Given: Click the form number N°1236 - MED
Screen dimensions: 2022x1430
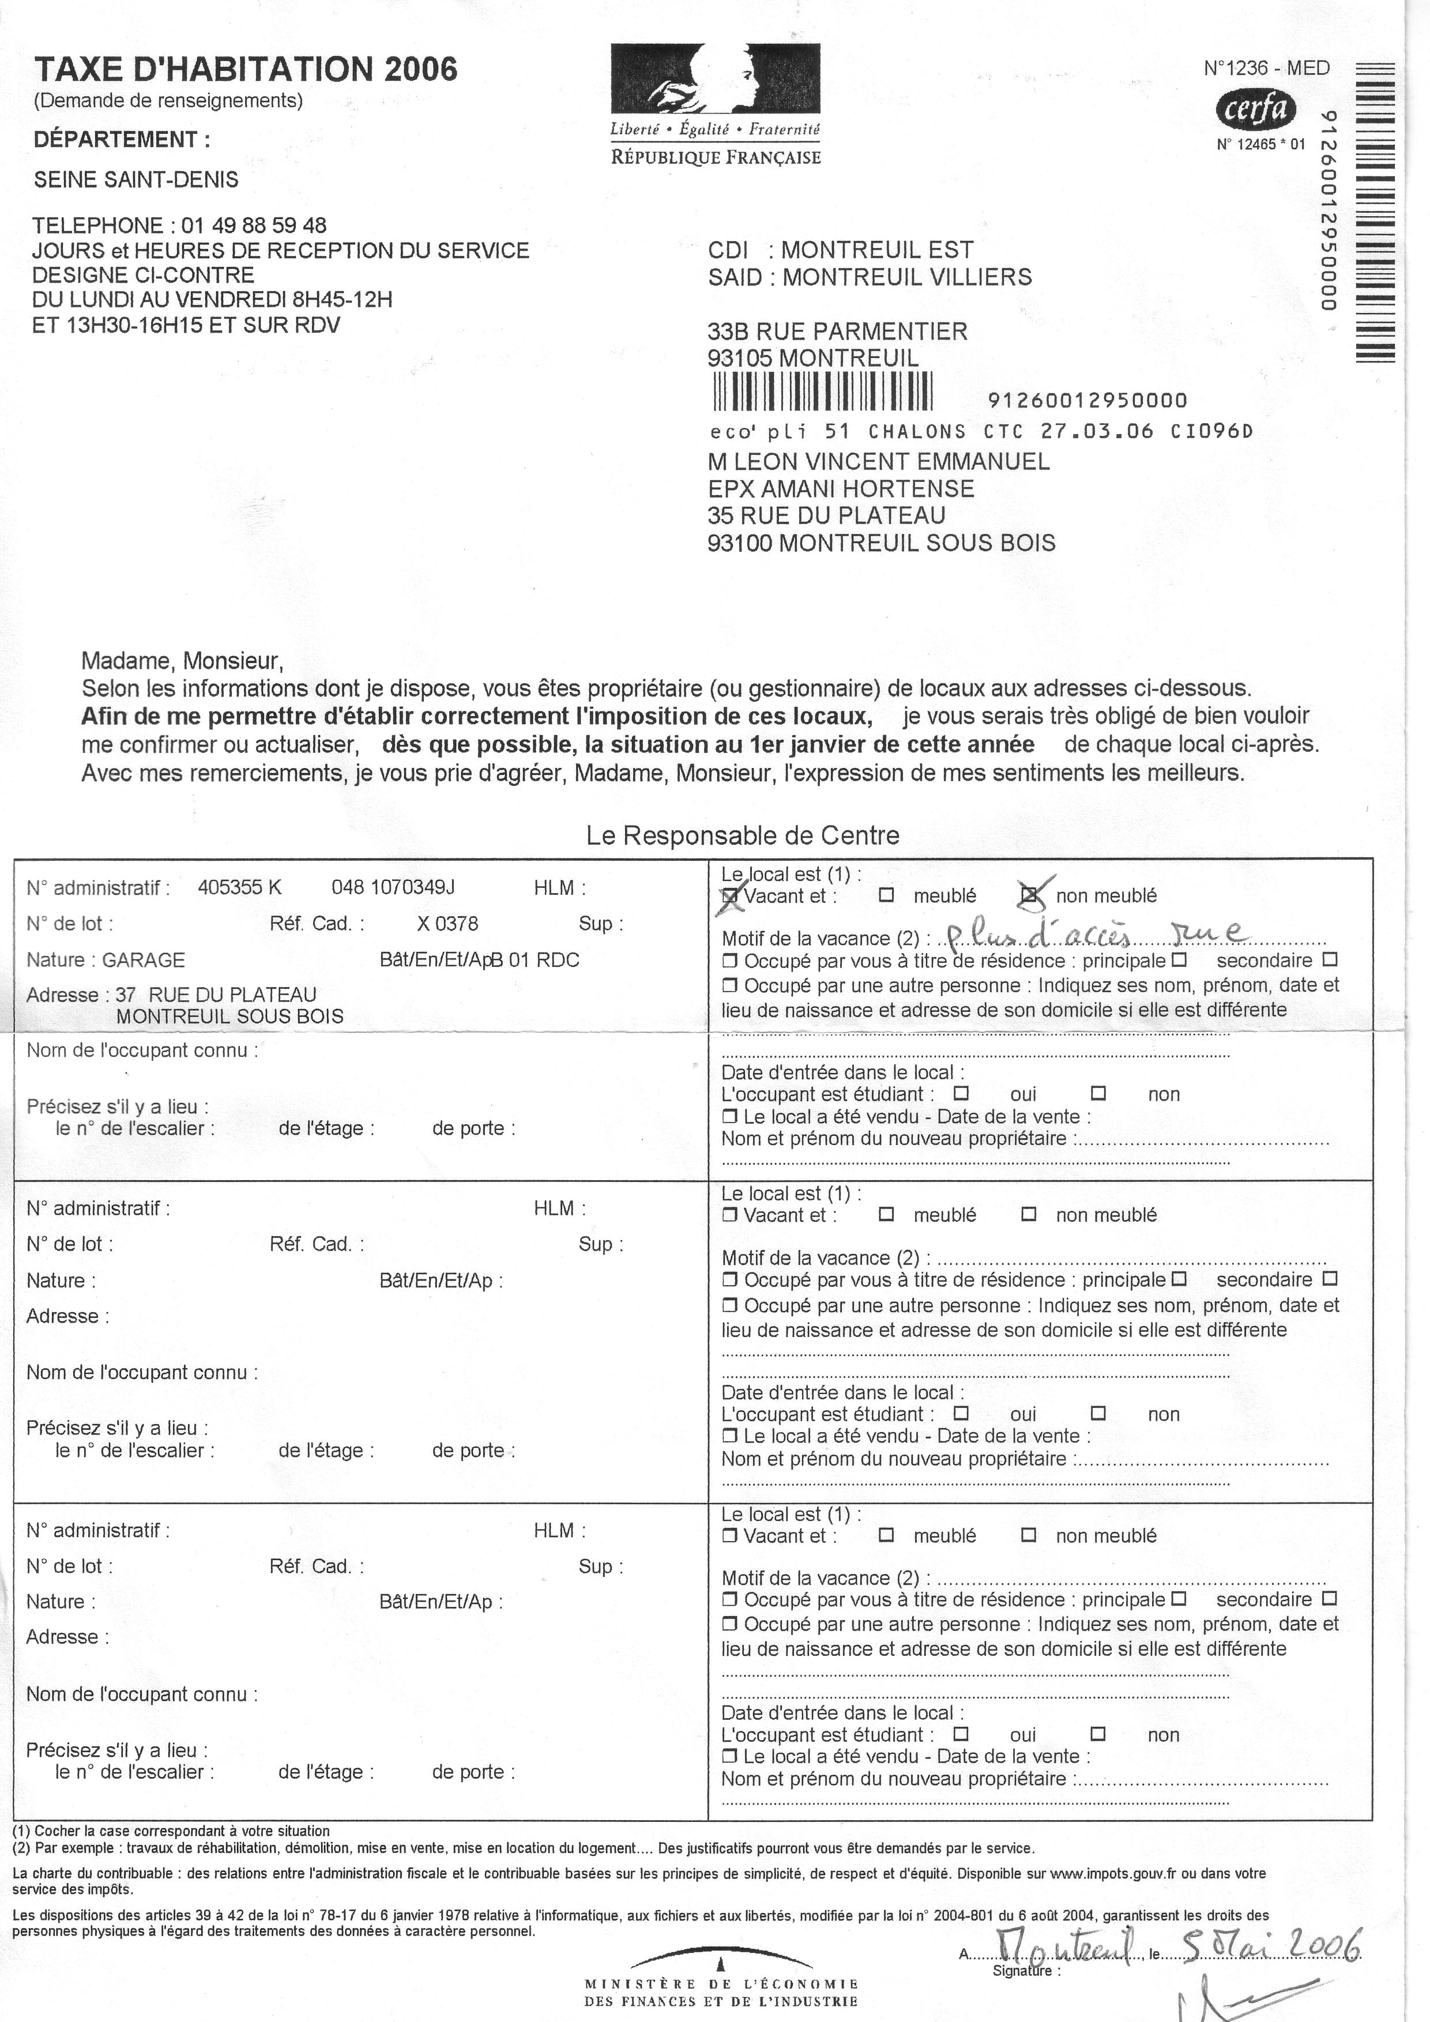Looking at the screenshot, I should click(1266, 69).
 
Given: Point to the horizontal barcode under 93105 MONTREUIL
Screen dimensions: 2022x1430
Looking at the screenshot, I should click(822, 392).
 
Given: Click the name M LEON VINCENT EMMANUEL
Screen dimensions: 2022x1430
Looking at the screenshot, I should click(878, 461).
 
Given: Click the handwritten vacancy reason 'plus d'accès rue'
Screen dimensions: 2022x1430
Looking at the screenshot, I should click(1092, 935).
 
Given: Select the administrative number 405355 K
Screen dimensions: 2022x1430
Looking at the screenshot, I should click(239, 888).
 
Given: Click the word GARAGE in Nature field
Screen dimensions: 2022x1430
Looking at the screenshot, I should click(144, 960).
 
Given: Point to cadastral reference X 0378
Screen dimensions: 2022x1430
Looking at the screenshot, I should click(447, 924).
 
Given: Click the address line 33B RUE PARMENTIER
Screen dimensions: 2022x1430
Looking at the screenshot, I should click(837, 332).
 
